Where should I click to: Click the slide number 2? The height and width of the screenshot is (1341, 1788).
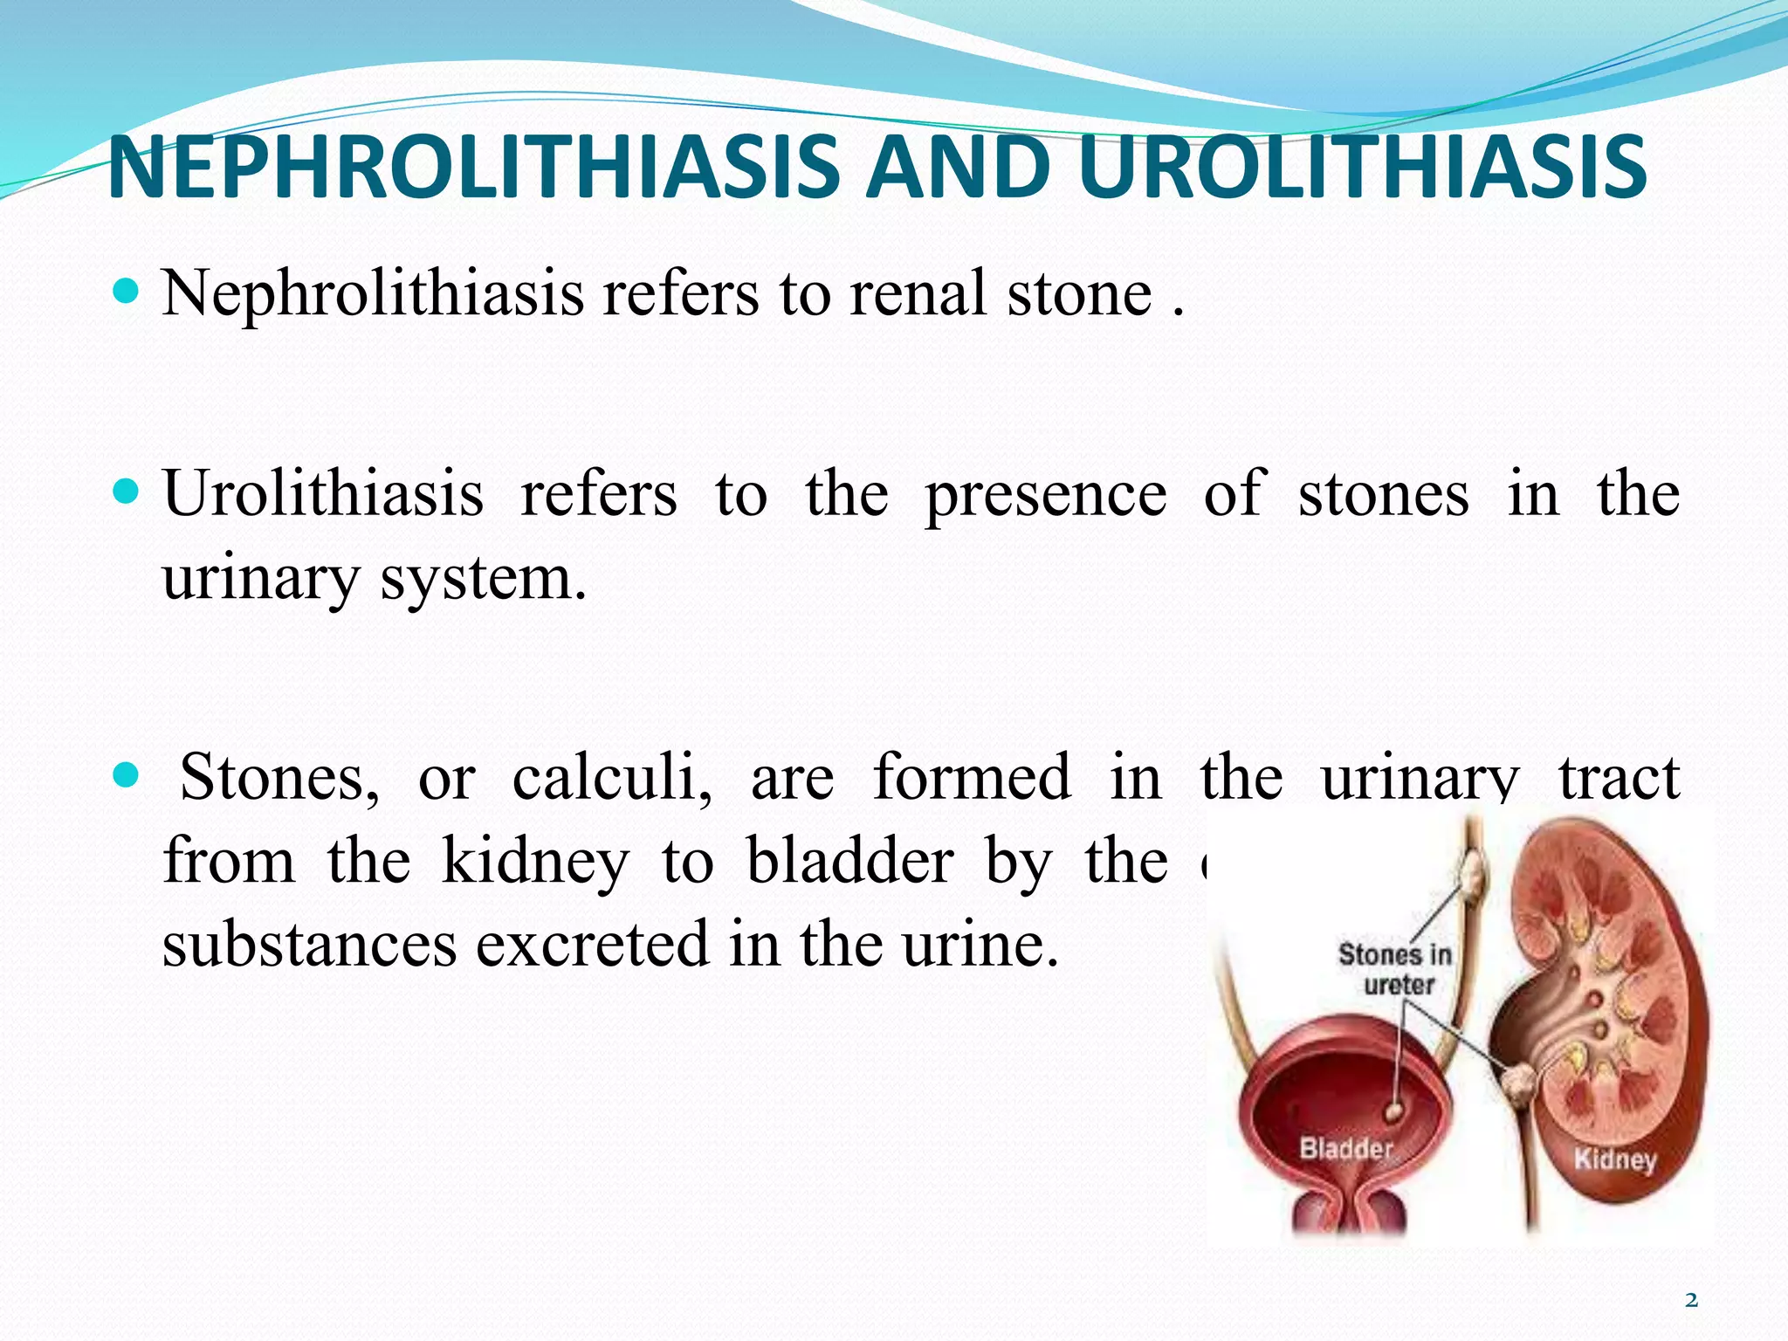1691,1301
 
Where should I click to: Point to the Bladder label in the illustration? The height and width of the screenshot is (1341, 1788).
1346,1148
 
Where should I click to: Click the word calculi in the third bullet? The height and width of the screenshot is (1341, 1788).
611,777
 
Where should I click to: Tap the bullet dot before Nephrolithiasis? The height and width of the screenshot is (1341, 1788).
127,291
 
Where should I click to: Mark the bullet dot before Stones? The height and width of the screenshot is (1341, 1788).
127,774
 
